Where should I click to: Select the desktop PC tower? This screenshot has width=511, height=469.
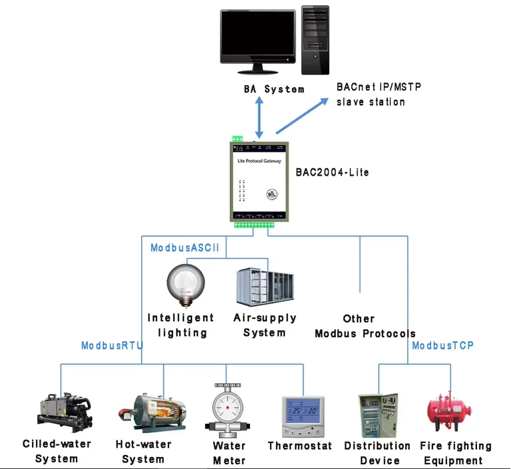[315, 39]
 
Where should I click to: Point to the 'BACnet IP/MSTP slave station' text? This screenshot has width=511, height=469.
[379, 94]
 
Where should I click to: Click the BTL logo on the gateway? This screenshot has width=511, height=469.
[271, 195]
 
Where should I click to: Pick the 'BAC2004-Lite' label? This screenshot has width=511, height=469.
[332, 172]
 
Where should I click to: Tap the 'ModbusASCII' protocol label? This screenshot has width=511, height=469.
[185, 247]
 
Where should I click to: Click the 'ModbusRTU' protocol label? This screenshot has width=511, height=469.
[112, 345]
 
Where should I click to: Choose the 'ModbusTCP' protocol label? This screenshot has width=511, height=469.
[442, 345]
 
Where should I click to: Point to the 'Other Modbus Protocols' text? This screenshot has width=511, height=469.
[365, 326]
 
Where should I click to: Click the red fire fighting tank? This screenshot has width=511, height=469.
[452, 412]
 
